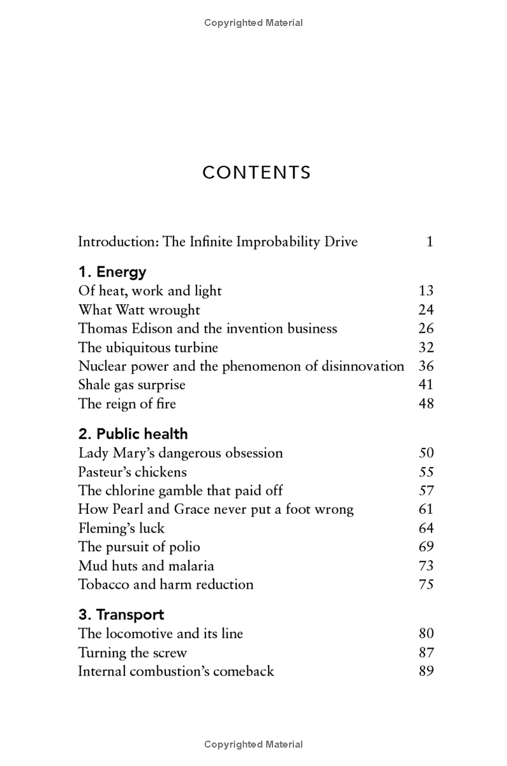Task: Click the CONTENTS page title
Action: (x=257, y=173)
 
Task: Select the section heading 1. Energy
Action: (x=112, y=272)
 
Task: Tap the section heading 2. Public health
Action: (x=133, y=434)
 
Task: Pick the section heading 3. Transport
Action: (x=121, y=615)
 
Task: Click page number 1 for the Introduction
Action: (x=430, y=241)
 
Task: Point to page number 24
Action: (x=426, y=310)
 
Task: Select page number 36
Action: (x=426, y=366)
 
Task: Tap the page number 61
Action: (x=426, y=509)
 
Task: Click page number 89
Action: (x=426, y=671)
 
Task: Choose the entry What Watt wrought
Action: (x=139, y=310)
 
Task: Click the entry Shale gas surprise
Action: (x=132, y=385)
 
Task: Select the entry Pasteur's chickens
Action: (x=132, y=472)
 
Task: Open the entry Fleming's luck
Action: (x=121, y=528)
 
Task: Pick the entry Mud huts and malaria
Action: (x=146, y=566)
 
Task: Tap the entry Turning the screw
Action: (x=132, y=653)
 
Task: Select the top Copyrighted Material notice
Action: (x=253, y=23)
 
